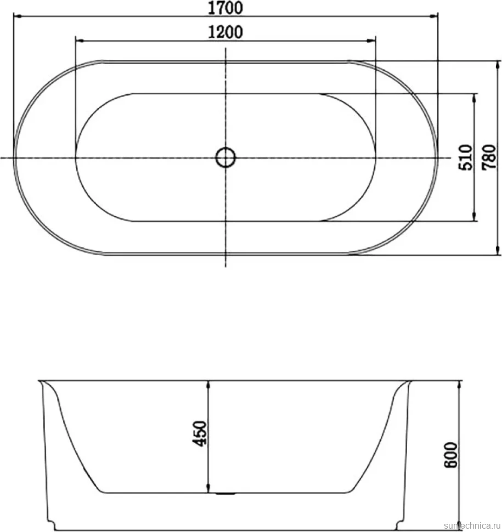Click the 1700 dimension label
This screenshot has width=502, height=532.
coord(225,8)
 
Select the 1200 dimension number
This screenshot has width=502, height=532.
coord(225,32)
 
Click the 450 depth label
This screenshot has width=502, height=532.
coord(200,433)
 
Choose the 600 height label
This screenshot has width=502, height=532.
coord(450,455)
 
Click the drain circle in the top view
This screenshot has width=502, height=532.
coord(225,157)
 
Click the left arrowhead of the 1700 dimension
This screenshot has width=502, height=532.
coord(18,16)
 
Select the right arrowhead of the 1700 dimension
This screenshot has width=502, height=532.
coord(434,16)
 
